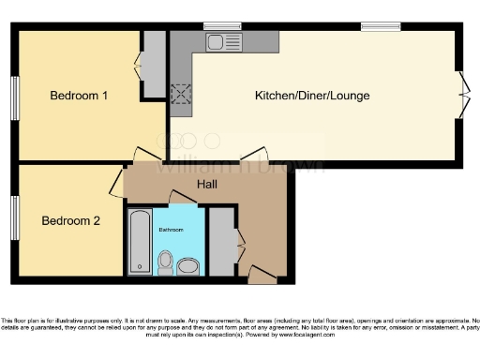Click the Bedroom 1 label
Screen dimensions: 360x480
pos(79,96)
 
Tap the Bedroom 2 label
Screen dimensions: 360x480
pos(70,220)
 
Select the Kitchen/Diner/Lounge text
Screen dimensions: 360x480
pos(312,96)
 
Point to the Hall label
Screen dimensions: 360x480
pos(207,185)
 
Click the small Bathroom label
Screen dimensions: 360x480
pos(171,230)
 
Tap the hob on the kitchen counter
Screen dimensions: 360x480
pos(179,94)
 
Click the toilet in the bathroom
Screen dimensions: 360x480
pos(165,261)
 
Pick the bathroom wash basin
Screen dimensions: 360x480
pos(187,266)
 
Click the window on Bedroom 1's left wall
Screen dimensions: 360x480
pos(15,97)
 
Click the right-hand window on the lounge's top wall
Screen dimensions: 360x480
pos(378,25)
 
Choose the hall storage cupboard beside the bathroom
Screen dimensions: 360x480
pos(220,241)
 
